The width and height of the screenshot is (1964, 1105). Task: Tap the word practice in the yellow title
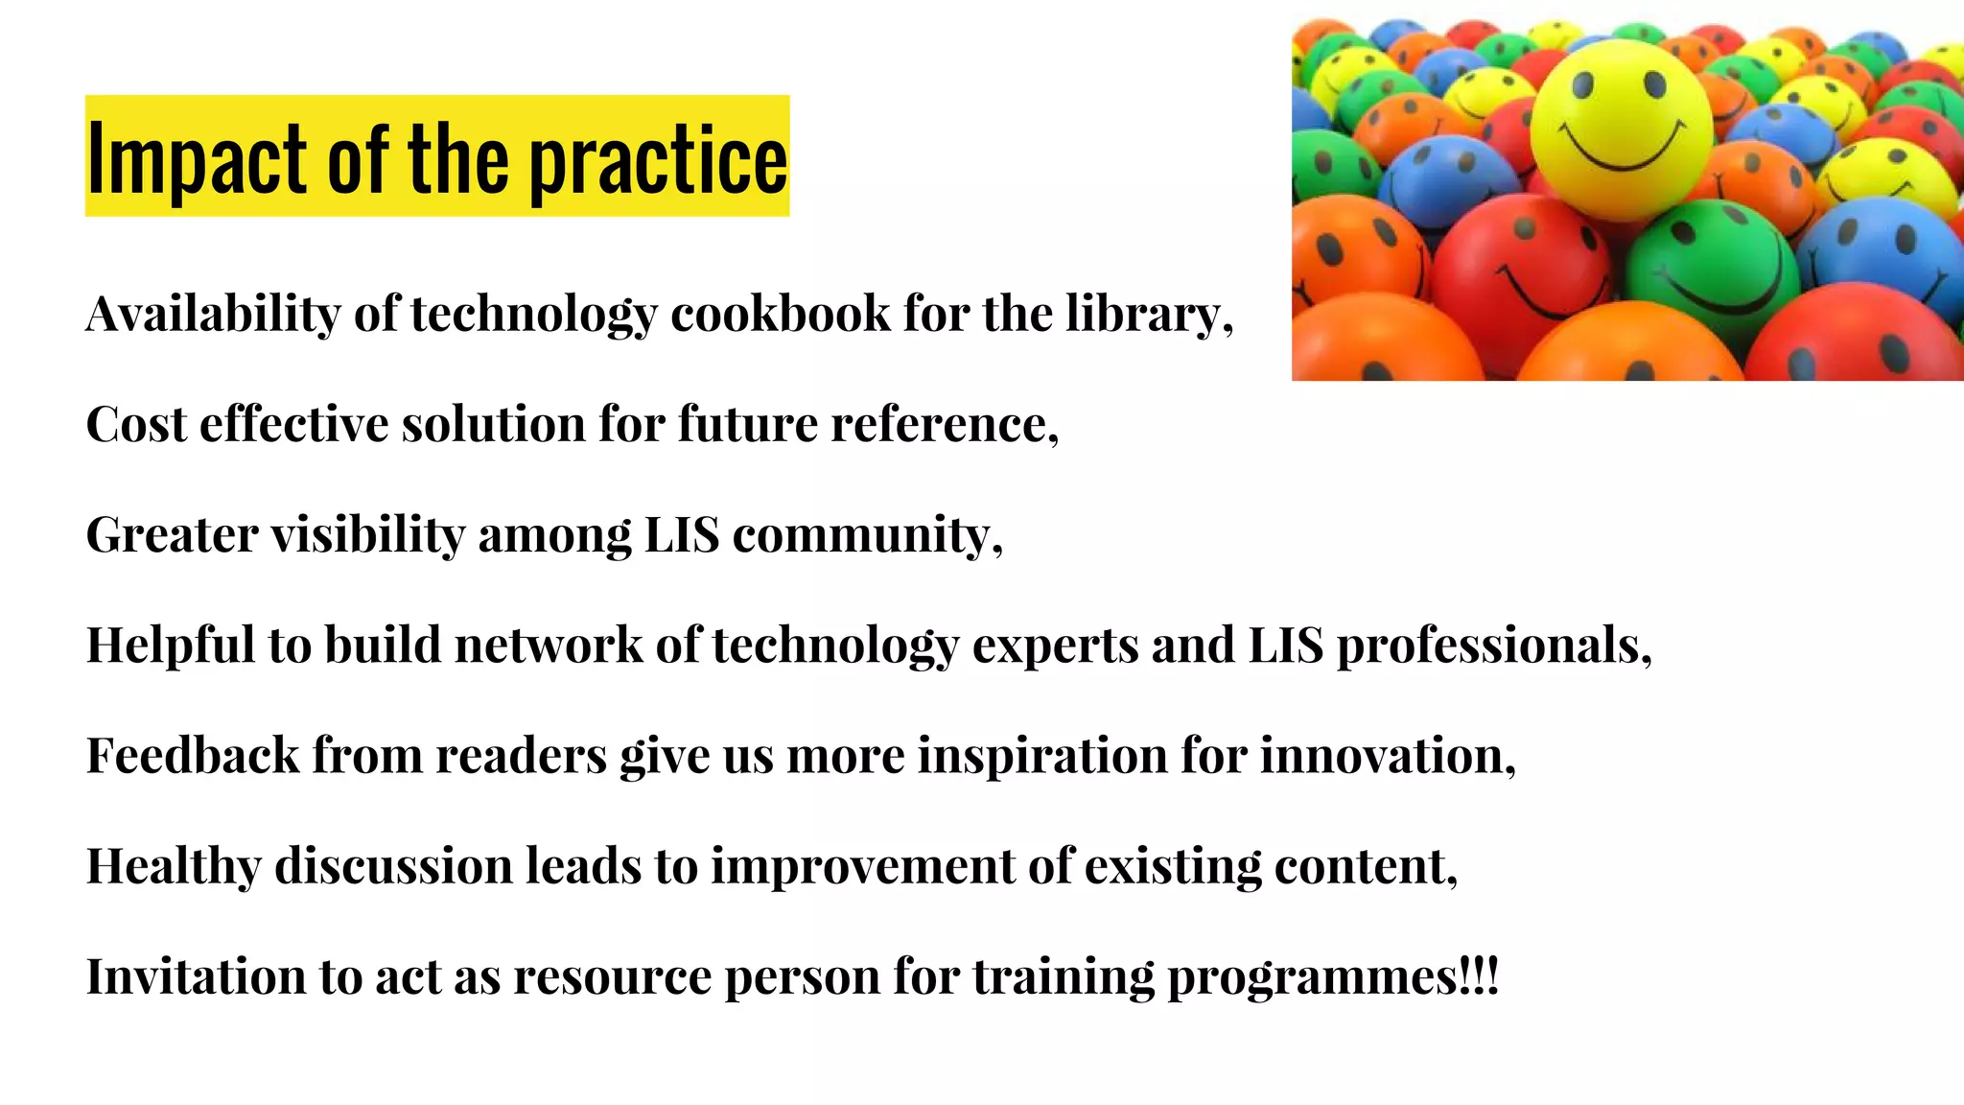point(658,158)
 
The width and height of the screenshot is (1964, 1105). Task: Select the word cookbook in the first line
point(781,314)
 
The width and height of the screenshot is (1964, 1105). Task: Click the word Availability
point(213,314)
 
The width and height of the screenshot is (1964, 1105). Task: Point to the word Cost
point(135,424)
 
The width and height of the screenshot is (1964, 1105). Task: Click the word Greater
point(172,534)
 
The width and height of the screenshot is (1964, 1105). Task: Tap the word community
point(866,534)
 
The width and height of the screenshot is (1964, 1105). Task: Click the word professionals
point(1493,645)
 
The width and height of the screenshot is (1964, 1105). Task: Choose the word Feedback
point(192,755)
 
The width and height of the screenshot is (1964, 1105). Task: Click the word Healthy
point(174,865)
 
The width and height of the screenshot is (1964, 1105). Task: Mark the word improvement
point(862,865)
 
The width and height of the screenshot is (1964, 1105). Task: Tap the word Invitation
point(196,976)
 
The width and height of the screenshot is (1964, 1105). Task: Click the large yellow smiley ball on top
point(1621,129)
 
